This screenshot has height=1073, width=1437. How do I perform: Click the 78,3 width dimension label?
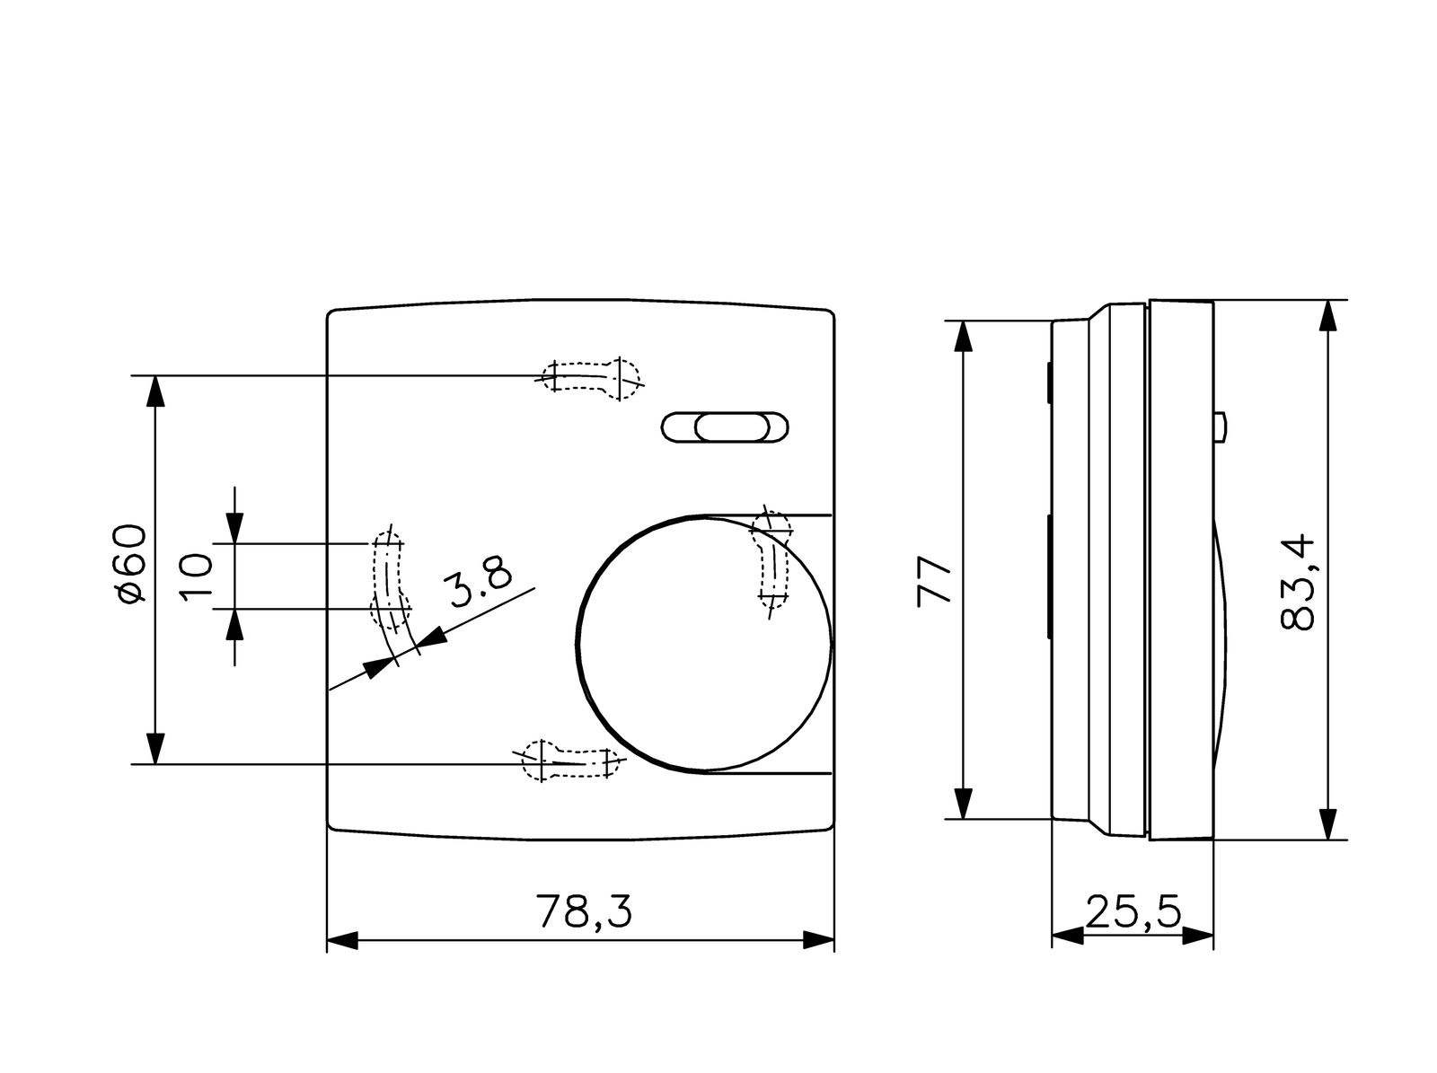click(x=584, y=910)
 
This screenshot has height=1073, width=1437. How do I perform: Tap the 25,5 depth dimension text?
click(x=1133, y=910)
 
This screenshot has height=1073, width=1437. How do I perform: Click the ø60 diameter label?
click(x=128, y=563)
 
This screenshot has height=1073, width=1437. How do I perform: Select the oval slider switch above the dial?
click(x=725, y=427)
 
